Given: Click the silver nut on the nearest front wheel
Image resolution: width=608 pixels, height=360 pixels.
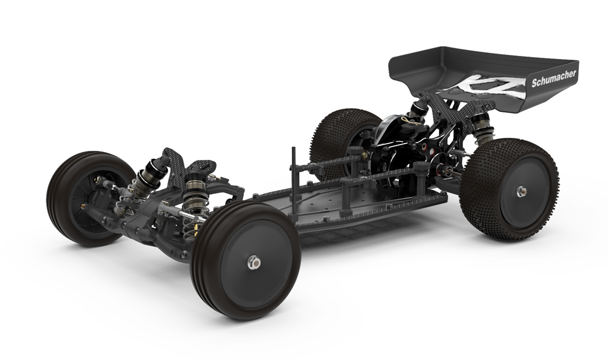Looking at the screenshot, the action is coord(254,263).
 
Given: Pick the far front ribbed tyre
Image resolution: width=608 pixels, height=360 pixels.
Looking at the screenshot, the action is coord(91,198).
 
